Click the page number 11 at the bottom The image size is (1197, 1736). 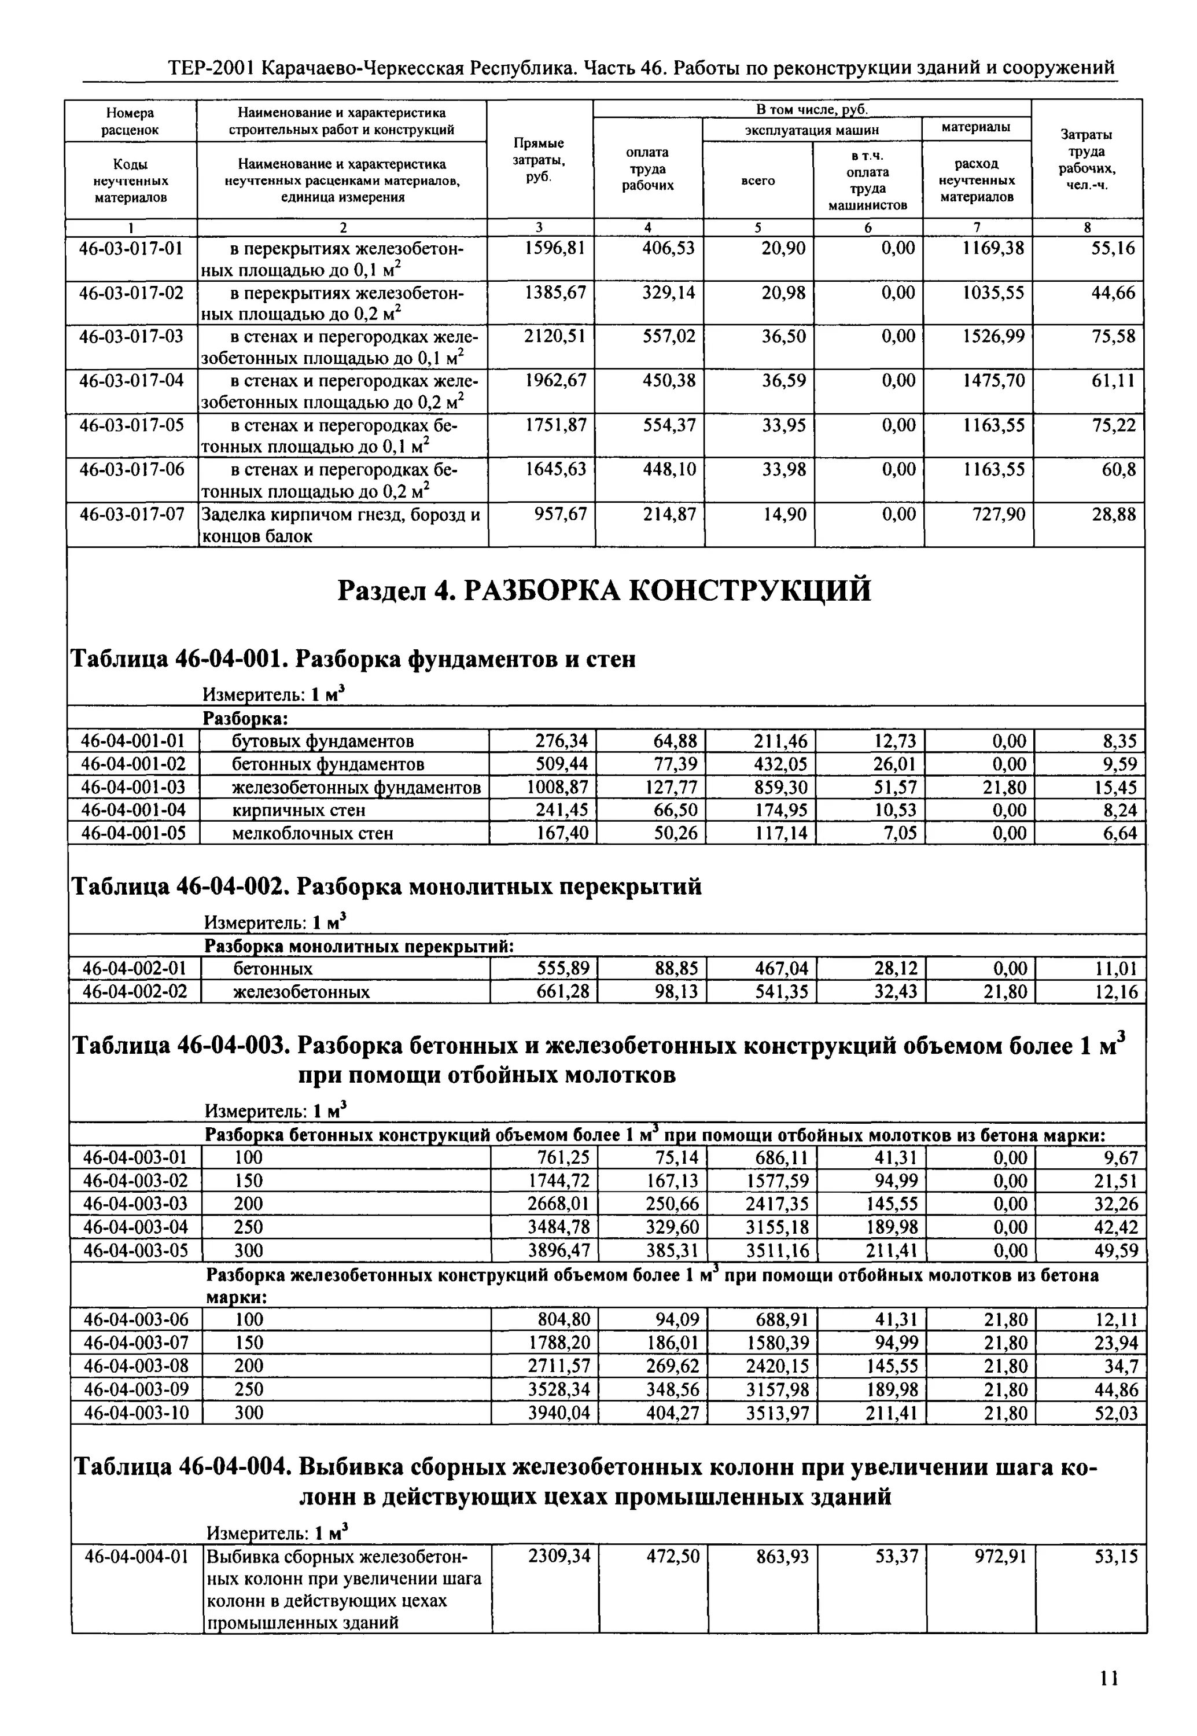(1109, 1678)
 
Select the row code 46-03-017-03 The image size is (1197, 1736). (131, 336)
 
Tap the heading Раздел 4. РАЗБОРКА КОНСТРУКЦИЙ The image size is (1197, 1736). (605, 590)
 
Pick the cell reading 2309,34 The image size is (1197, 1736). (559, 1557)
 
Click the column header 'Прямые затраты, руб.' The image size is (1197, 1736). (539, 159)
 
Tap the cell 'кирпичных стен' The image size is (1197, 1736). (299, 810)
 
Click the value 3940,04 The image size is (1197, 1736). (559, 1414)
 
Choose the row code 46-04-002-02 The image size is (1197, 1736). (134, 992)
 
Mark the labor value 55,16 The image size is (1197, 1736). (1113, 248)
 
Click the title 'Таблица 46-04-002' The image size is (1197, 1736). (386, 887)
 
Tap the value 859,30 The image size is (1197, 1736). (781, 788)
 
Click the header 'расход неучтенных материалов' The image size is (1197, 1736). (977, 181)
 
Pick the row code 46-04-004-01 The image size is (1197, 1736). (136, 1557)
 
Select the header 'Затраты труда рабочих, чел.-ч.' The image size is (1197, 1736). (1086, 159)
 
